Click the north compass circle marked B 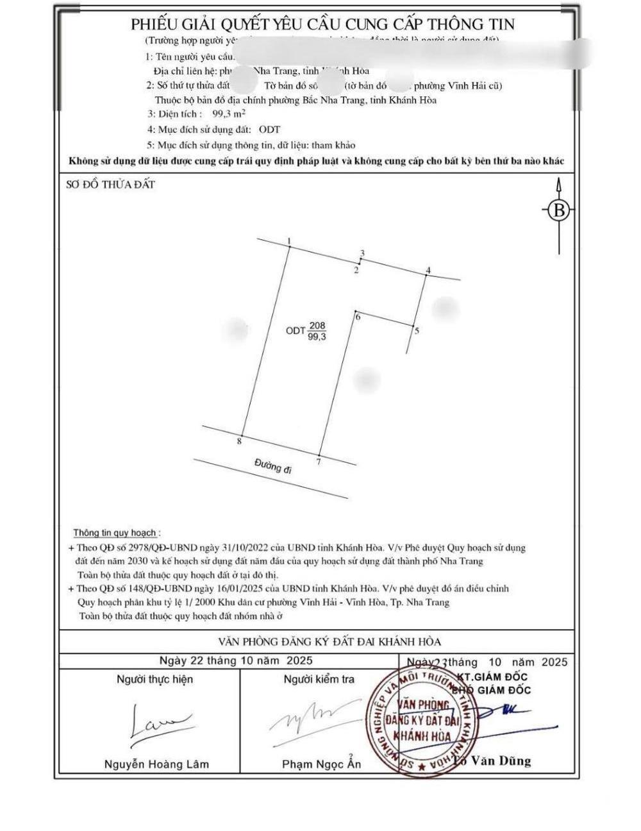[x=560, y=210]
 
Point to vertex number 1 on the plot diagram [x=289, y=242]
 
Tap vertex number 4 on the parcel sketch [x=428, y=270]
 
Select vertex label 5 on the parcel [x=417, y=331]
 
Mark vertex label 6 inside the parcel [x=358, y=317]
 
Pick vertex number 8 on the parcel [x=238, y=441]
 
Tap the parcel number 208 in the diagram [x=317, y=326]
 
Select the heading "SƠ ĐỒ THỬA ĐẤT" [x=111, y=185]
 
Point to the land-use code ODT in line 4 [x=269, y=130]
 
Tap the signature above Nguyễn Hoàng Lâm [x=157, y=723]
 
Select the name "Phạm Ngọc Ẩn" [x=322, y=764]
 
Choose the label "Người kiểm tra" [x=319, y=679]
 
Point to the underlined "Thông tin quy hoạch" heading [x=115, y=533]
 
